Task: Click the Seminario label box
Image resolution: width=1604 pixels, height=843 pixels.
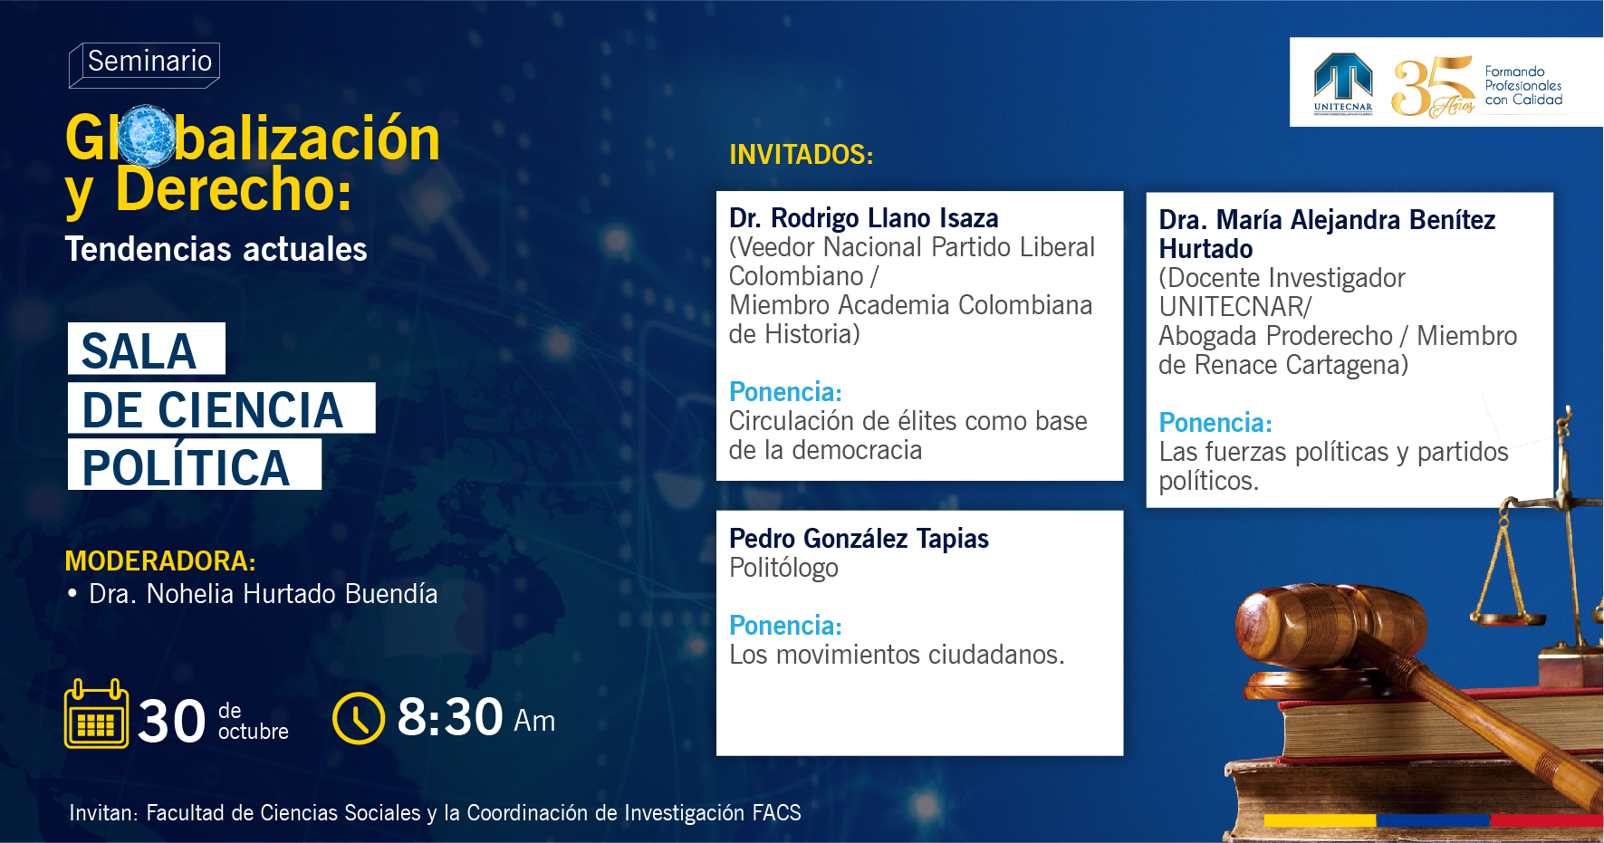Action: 145,64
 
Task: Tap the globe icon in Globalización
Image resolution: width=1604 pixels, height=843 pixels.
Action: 145,137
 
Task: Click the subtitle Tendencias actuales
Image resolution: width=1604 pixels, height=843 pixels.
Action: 216,249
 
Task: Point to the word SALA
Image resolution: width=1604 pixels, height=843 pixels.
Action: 139,351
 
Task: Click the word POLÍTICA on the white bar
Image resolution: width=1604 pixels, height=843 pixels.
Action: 187,467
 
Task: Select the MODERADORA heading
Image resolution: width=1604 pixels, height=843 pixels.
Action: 160,561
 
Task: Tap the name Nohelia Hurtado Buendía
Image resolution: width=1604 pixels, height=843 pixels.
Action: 292,594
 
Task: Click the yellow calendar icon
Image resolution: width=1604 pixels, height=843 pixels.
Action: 96,714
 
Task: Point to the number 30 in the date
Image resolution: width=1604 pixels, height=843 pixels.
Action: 172,722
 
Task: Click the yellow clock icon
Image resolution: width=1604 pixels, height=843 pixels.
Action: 359,718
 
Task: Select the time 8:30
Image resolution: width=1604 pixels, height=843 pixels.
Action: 450,717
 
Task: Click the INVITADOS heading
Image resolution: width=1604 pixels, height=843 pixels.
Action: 802,155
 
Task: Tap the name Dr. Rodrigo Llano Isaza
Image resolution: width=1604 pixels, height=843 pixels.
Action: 864,218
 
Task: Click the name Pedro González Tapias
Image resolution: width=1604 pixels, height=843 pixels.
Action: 859,539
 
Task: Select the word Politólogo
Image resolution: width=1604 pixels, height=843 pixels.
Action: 783,568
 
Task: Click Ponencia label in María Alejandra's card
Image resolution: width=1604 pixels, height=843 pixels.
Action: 1215,423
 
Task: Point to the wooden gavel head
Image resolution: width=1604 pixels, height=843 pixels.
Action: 1304,624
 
